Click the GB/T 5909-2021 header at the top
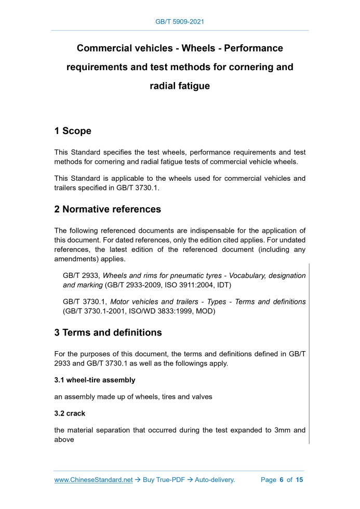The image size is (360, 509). tap(180, 22)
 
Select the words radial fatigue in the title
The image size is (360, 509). tap(180, 86)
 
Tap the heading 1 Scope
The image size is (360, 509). tap(73, 131)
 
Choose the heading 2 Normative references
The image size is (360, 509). tap(108, 209)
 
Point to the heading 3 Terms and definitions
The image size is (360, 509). tap(108, 332)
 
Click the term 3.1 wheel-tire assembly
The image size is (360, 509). tap(95, 380)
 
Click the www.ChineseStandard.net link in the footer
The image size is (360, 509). tap(94, 480)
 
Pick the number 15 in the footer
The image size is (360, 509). tap(299, 480)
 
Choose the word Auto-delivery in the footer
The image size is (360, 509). tap(215, 480)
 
